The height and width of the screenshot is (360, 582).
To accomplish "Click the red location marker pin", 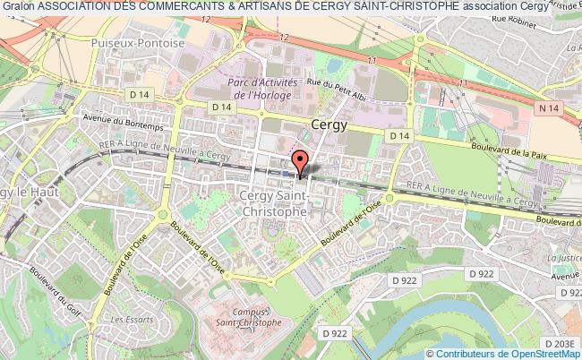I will coord(300,162).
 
